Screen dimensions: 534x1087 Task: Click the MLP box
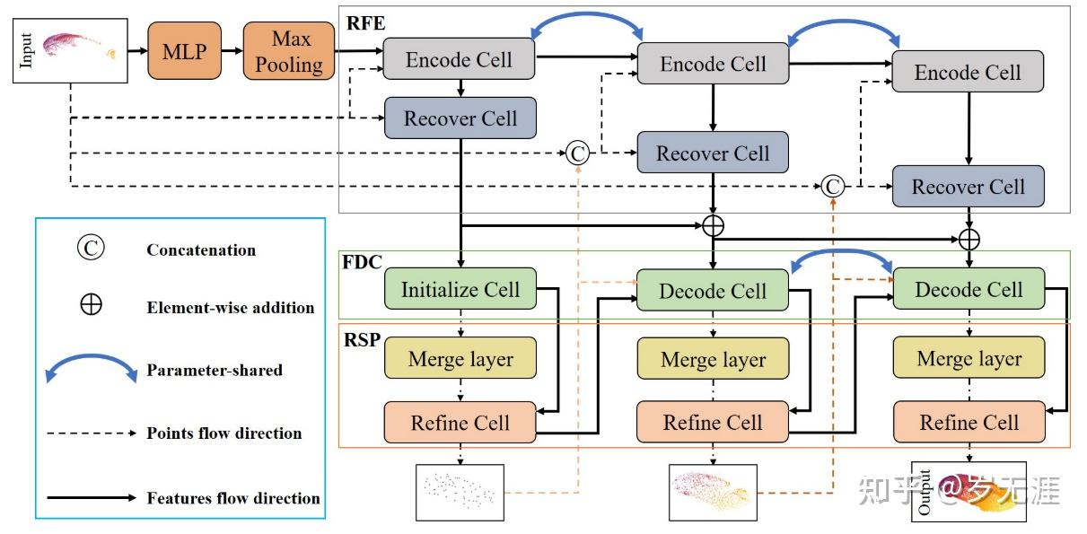click(184, 52)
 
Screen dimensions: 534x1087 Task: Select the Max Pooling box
click(289, 52)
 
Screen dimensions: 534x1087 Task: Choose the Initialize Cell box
click(460, 290)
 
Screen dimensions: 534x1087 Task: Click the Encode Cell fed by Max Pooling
click(459, 60)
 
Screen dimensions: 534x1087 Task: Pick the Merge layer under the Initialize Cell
click(460, 359)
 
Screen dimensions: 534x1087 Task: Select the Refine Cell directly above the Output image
click(969, 422)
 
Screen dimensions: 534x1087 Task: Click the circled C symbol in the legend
click(91, 249)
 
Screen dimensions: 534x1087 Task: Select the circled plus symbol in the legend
click(91, 305)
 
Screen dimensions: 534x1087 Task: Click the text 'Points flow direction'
click(224, 433)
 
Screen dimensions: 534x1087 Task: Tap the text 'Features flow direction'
click(232, 497)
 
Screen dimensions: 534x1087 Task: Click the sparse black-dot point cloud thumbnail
click(460, 492)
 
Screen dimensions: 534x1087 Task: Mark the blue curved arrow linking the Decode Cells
click(842, 258)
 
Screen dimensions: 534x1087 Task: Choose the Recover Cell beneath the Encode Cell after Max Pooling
click(460, 118)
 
